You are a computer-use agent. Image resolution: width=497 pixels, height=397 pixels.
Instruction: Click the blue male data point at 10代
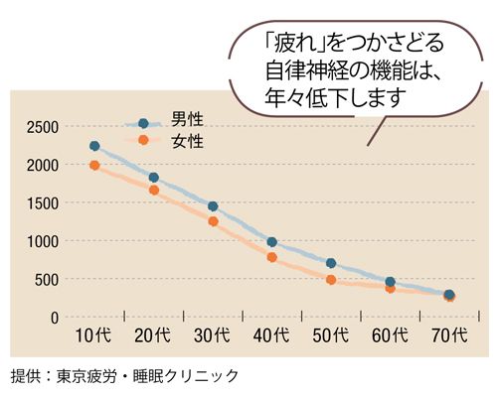point(94,146)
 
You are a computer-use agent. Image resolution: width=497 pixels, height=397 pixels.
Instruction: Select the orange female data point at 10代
point(94,166)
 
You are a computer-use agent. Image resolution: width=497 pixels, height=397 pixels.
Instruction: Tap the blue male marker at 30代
point(213,206)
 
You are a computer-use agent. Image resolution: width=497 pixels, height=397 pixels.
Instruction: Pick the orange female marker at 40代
point(271,257)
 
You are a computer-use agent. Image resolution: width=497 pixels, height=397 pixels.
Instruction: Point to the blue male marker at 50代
point(331,264)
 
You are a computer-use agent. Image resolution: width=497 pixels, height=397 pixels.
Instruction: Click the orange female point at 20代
point(154,190)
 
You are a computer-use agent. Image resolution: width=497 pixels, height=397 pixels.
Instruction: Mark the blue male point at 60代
point(390,282)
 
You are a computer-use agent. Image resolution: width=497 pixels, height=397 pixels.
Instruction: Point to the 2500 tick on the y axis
point(44,126)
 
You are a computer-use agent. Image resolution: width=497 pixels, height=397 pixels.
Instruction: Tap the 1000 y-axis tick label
point(44,241)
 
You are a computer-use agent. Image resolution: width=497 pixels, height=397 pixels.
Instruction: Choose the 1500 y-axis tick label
point(44,203)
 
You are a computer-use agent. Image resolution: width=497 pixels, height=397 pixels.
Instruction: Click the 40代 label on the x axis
point(271,337)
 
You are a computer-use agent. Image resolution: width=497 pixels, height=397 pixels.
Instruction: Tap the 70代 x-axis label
point(449,337)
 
